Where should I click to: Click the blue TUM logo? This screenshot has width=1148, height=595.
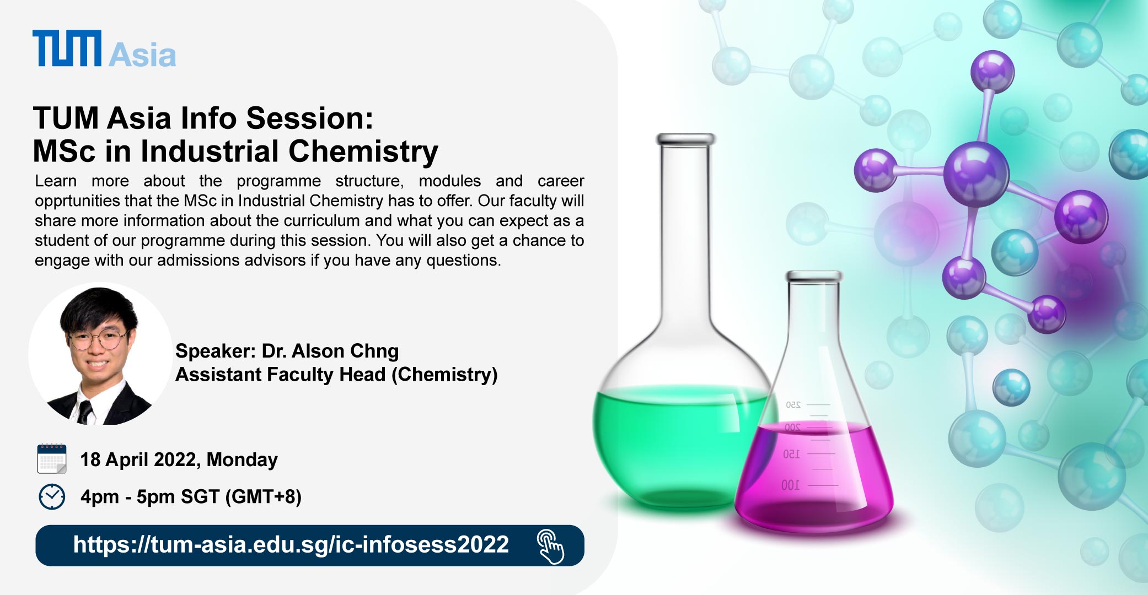pyautogui.click(x=67, y=48)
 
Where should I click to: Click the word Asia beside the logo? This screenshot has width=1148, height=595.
pyautogui.click(x=142, y=55)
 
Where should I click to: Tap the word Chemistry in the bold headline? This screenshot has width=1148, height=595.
pyautogui.click(x=363, y=152)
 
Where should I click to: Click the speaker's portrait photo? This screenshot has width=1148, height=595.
pyautogui.click(x=100, y=354)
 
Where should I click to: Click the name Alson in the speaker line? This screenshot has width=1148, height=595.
pyautogui.click(x=318, y=351)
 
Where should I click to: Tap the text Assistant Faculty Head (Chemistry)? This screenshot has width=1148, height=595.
pyautogui.click(x=336, y=375)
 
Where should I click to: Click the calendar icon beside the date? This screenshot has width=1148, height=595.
pyautogui.click(x=52, y=459)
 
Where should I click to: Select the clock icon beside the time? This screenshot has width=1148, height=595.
pyautogui.click(x=52, y=497)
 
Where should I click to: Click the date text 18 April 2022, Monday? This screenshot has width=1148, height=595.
pyautogui.click(x=179, y=459)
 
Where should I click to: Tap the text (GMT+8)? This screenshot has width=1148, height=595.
pyautogui.click(x=264, y=497)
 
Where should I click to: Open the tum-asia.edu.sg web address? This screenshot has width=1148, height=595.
pyautogui.click(x=291, y=545)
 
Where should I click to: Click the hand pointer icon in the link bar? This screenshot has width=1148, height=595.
pyautogui.click(x=550, y=547)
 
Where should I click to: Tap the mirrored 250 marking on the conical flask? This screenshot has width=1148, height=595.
pyautogui.click(x=793, y=405)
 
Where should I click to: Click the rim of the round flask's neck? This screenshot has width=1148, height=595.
pyautogui.click(x=685, y=139)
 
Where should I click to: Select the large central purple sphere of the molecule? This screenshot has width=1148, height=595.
pyautogui.click(x=976, y=174)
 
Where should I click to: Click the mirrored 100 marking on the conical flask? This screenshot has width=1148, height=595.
pyautogui.click(x=790, y=485)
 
